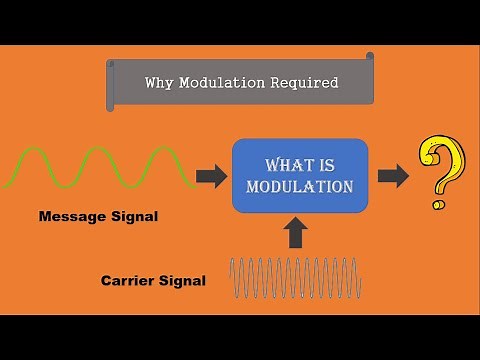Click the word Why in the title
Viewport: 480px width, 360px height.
(x=159, y=83)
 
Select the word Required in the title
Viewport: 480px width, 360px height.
(x=304, y=83)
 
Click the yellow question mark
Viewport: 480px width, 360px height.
(x=443, y=167)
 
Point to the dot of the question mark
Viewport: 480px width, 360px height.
(x=437, y=204)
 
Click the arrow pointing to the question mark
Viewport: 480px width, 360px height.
(x=394, y=177)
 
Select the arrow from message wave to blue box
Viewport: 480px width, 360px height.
(x=211, y=177)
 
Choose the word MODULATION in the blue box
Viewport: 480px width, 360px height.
(x=299, y=186)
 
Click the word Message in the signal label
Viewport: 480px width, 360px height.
(x=71, y=215)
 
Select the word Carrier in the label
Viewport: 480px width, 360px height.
(x=130, y=281)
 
